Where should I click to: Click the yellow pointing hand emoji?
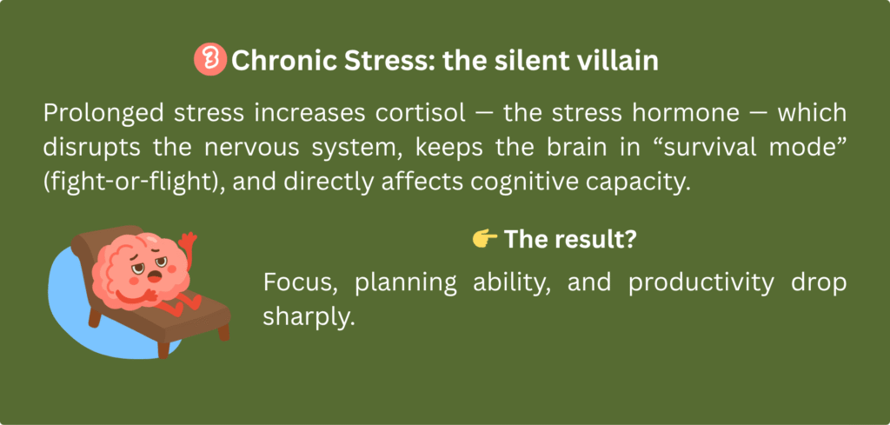tap(484, 241)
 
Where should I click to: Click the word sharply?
tap(309, 315)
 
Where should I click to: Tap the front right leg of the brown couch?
tap(223, 331)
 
